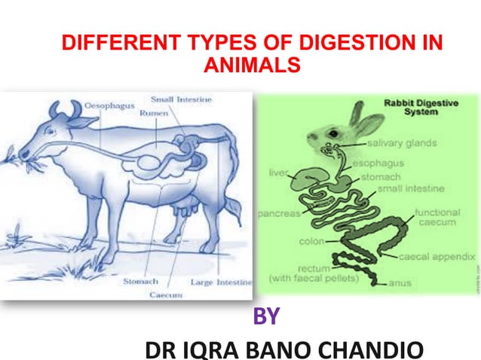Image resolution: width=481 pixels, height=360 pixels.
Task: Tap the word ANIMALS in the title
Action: coord(252,65)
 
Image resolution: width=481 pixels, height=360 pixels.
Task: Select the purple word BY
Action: coord(265,317)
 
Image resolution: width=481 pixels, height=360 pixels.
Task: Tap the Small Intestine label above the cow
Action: coord(181,99)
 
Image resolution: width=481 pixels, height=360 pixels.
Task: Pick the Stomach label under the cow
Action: coord(140,282)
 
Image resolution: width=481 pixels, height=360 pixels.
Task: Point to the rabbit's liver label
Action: coord(278,173)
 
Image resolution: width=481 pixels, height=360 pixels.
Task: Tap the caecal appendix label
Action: coord(439,257)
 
